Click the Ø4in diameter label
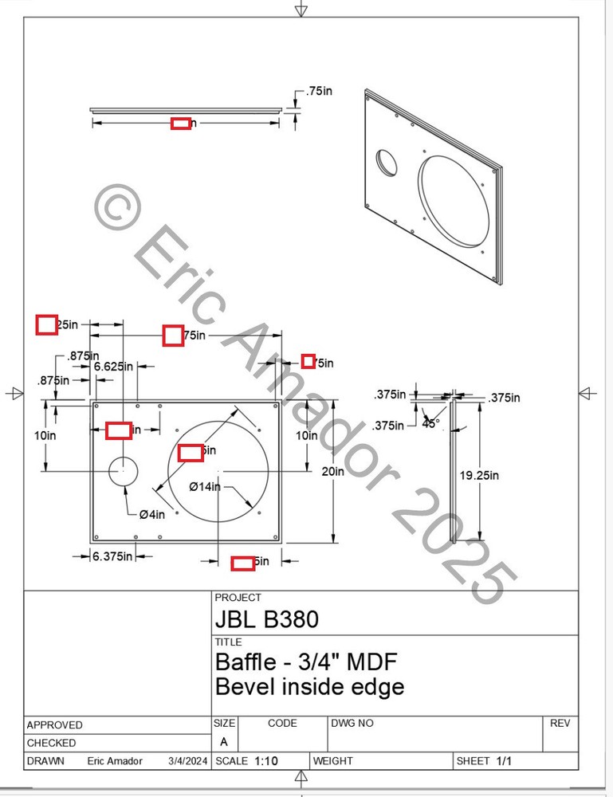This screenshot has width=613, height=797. [x=151, y=514]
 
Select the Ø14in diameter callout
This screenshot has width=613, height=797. [x=205, y=486]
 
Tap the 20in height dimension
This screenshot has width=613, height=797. [x=333, y=471]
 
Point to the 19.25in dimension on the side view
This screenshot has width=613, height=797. [x=479, y=476]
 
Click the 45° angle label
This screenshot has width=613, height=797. [x=431, y=422]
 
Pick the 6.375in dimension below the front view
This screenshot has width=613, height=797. [x=112, y=556]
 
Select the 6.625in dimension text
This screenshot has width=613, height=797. [x=113, y=367]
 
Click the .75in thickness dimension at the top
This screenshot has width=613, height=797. [x=319, y=92]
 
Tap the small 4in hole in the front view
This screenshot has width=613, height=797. [x=124, y=471]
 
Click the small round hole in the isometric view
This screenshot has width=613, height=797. [x=388, y=162]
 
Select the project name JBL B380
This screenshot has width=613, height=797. [x=266, y=619]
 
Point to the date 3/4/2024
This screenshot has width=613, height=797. [x=187, y=761]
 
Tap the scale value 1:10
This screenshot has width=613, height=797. [x=266, y=761]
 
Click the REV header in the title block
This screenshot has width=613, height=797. [x=560, y=723]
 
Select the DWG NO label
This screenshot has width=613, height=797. [x=352, y=723]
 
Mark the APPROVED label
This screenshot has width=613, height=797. [x=54, y=725]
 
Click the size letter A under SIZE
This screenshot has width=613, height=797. [x=223, y=741]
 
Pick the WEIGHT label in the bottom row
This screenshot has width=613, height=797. [x=333, y=761]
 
